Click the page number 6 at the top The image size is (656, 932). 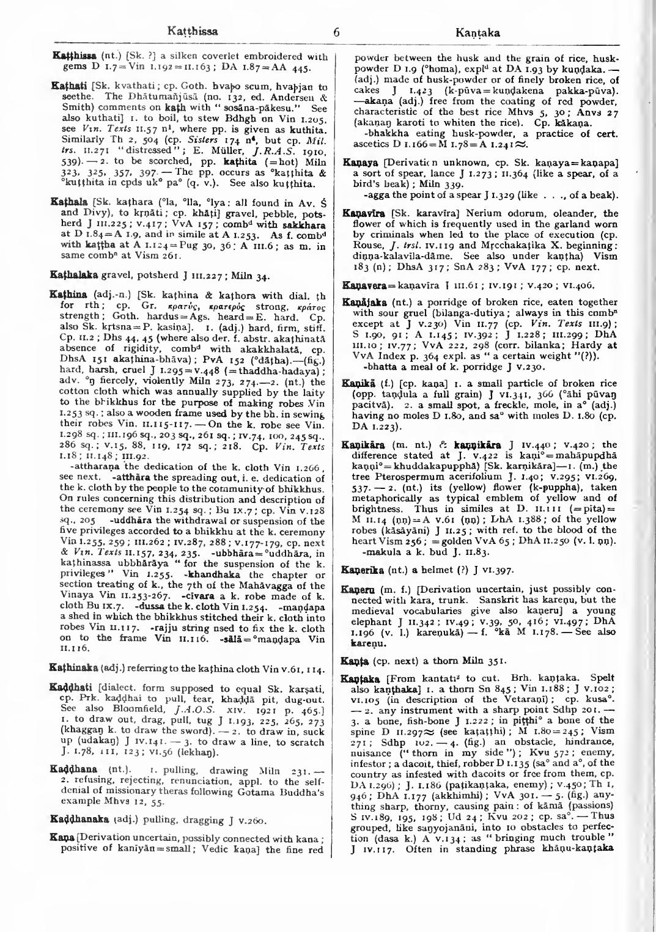(x=336, y=31)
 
